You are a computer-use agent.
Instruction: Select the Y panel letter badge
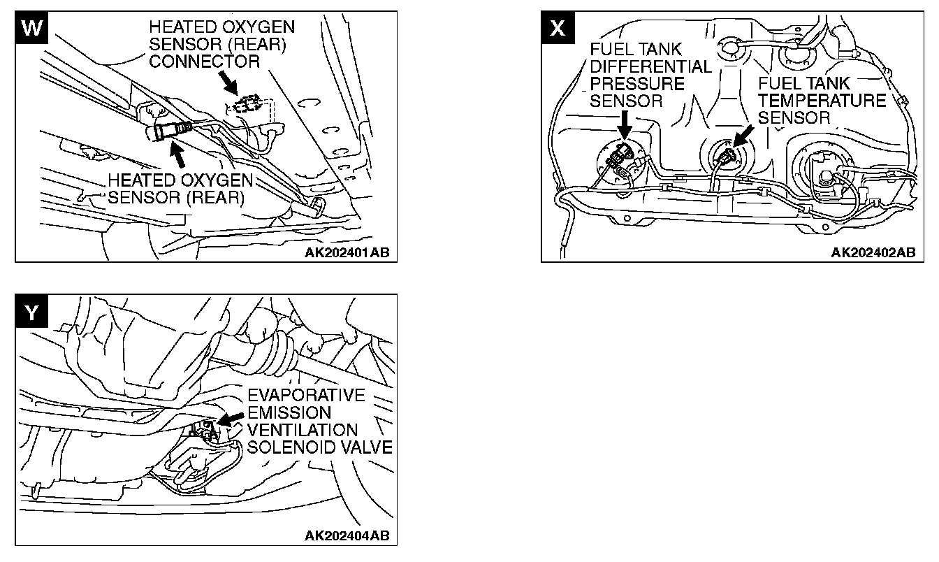pyautogui.click(x=29, y=312)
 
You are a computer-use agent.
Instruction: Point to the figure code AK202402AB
pyautogui.click(x=873, y=252)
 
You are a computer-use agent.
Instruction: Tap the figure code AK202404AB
pyautogui.click(x=347, y=536)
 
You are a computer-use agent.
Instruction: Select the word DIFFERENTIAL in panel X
pyautogui.click(x=650, y=67)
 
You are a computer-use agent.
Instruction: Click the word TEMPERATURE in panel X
pyautogui.click(x=822, y=100)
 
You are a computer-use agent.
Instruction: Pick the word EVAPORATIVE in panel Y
pyautogui.click(x=306, y=396)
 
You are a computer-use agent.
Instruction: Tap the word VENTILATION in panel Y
pyautogui.click(x=302, y=430)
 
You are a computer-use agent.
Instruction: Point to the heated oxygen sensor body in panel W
pyautogui.click(x=168, y=131)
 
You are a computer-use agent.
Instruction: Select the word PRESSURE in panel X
pyautogui.click(x=627, y=84)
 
